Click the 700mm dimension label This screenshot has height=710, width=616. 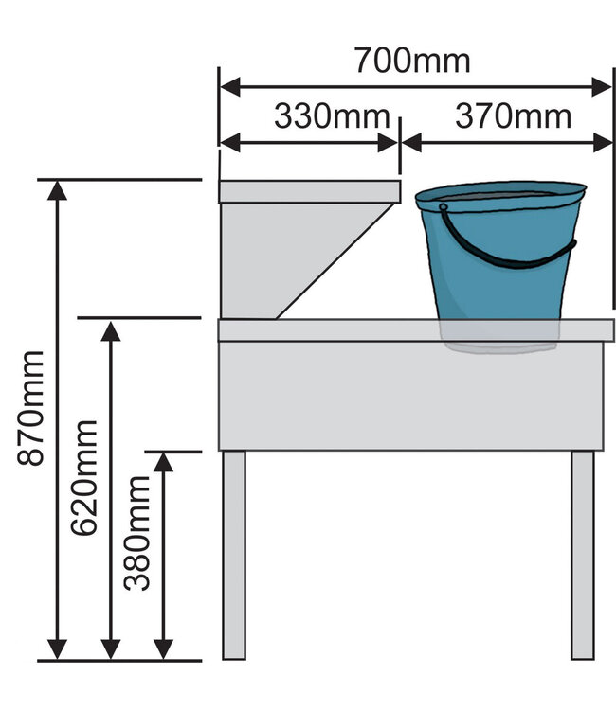pyautogui.click(x=412, y=60)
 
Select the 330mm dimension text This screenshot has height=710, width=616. pyautogui.click(x=332, y=116)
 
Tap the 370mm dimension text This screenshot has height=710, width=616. pyautogui.click(x=513, y=116)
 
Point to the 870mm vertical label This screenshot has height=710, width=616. pyautogui.click(x=33, y=407)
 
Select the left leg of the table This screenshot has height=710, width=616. pyautogui.click(x=233, y=554)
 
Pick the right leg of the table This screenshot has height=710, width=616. pyautogui.click(x=582, y=554)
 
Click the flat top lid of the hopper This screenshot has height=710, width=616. pyautogui.click(x=309, y=191)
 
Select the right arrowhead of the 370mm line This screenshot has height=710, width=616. pyautogui.click(x=604, y=143)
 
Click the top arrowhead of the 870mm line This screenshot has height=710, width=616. pyautogui.click(x=58, y=189)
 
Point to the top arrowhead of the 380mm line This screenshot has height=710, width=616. pyautogui.click(x=164, y=463)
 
